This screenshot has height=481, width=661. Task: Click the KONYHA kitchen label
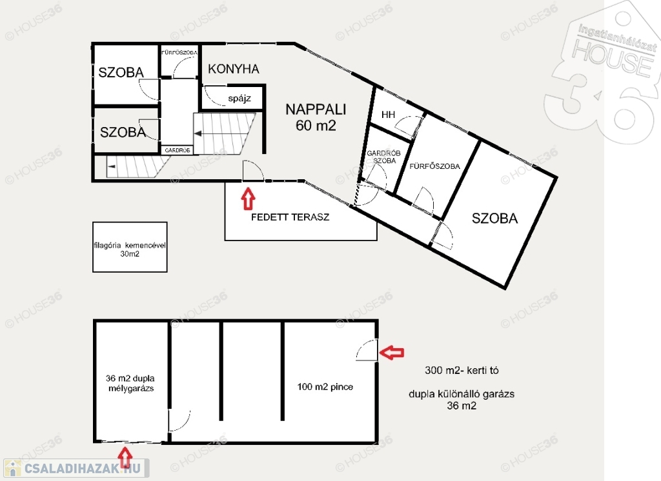233,68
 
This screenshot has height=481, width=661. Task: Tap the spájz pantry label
239,99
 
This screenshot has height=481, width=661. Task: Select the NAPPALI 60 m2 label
316,117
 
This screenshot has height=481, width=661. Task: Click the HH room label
388,115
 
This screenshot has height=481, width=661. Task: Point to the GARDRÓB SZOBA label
383,157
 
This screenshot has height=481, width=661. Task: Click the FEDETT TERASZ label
290,217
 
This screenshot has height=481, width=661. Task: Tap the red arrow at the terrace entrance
249,199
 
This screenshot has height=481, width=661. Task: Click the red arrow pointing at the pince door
392,352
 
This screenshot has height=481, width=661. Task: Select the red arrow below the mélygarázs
125,457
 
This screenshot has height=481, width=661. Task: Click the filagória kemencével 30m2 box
130,247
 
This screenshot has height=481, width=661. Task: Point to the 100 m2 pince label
325,387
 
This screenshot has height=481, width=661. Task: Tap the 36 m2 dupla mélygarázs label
130,383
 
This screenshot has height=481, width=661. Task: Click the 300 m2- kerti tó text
462,370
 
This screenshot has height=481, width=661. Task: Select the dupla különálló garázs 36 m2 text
462,400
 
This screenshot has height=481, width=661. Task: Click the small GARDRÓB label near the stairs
178,150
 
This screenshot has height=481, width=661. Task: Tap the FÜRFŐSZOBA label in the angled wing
434,166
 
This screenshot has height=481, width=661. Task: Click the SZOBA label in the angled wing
494,218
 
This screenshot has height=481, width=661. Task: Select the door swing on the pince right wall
367,350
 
